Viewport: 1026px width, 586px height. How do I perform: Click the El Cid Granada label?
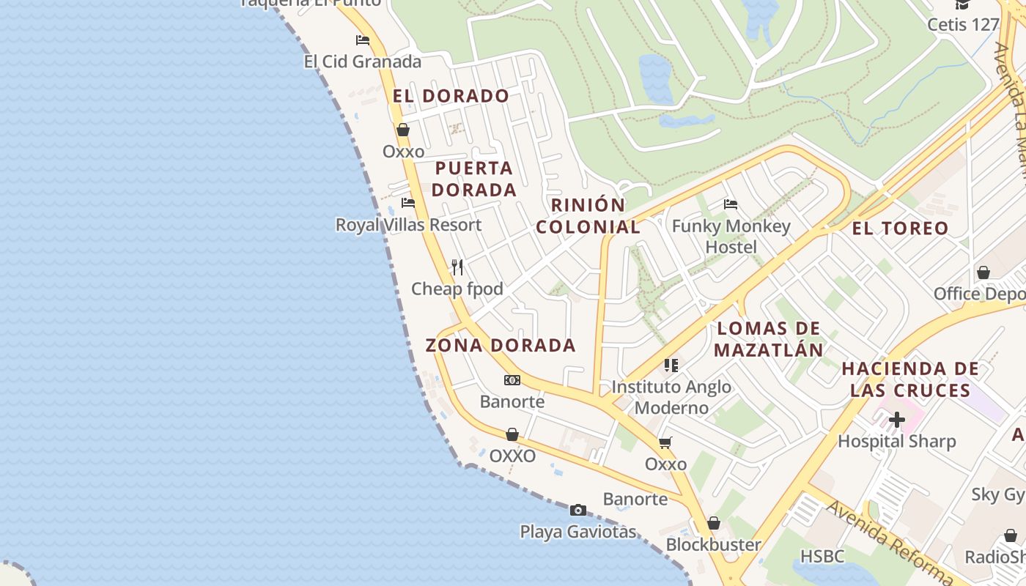[362, 62]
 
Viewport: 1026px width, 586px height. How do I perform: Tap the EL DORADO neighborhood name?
[451, 96]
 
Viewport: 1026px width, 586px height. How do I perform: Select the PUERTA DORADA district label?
[473, 179]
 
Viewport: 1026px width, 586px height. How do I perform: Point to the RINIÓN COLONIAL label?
[588, 216]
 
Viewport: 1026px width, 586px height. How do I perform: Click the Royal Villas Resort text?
[408, 225]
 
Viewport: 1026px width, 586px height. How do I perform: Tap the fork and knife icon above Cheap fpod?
[457, 267]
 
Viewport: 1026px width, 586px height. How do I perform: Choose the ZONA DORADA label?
[501, 345]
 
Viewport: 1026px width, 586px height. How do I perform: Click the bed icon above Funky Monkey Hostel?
[730, 204]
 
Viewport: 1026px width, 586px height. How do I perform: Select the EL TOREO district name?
[900, 229]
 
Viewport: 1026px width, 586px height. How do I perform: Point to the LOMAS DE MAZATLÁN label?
[769, 339]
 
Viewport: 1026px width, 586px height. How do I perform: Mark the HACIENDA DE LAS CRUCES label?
[910, 379]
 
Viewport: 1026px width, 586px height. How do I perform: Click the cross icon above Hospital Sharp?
[896, 420]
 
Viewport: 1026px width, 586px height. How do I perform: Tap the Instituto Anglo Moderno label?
[671, 397]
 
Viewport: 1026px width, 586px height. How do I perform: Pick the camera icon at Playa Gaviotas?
[578, 510]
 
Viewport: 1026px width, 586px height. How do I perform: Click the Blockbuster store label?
[713, 545]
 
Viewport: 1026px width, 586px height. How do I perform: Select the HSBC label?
[822, 557]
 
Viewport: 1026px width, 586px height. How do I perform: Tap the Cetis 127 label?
[963, 25]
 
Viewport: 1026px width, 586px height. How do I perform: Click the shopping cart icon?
[665, 442]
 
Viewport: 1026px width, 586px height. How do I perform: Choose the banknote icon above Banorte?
[512, 380]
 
